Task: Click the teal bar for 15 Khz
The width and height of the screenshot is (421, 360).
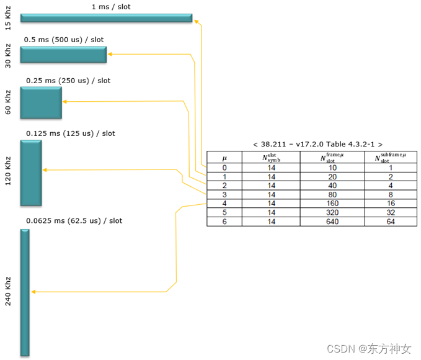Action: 106,18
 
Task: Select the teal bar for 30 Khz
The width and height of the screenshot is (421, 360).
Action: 63,55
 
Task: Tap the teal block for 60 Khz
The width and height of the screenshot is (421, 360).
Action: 41,102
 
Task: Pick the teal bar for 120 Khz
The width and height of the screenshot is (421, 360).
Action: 31,173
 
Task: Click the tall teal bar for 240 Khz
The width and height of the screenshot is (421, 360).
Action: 25,292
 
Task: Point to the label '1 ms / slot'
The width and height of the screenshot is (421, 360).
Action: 111,7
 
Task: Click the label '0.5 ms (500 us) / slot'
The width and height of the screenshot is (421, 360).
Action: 64,40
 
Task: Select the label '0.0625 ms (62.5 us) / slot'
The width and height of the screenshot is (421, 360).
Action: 74,221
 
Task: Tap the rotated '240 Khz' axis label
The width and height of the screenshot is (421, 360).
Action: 8,292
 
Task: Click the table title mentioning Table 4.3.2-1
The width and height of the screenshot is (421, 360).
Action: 318,144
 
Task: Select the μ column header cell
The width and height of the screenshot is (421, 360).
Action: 224,158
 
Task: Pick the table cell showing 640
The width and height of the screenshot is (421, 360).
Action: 332,222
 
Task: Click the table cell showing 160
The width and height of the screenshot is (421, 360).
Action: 332,203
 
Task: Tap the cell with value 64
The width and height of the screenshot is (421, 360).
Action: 390,222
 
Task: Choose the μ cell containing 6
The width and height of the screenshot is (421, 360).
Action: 224,222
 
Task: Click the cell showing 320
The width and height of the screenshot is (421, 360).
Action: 332,212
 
